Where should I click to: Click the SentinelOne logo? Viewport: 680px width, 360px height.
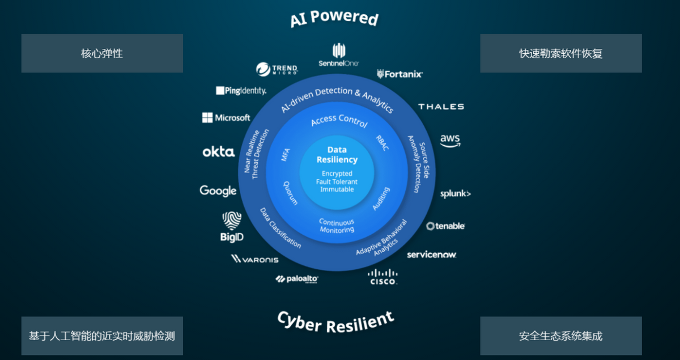point(339,54)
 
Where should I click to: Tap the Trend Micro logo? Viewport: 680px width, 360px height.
point(276,70)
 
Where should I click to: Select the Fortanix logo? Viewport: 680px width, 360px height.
point(399,74)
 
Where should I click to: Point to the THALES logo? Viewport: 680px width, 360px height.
point(441,107)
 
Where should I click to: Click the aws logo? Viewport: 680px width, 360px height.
point(450,140)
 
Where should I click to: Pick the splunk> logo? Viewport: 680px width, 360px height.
point(456,194)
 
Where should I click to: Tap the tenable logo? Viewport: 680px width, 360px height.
point(446,226)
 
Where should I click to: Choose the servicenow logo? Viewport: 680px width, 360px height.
point(431,255)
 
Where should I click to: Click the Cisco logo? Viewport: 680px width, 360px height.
point(383,277)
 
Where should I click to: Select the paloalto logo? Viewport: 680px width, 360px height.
point(297,279)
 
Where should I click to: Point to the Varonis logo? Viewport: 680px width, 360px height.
point(255,259)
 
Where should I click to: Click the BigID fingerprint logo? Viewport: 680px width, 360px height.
point(232,227)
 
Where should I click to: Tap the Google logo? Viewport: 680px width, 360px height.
point(218,191)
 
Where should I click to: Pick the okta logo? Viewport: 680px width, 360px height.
point(219,152)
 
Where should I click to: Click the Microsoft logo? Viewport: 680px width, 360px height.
point(226,118)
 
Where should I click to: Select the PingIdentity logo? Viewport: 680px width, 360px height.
point(241,91)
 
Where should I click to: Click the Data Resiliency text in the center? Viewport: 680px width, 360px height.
point(337,154)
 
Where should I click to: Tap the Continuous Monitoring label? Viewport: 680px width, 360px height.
point(336,226)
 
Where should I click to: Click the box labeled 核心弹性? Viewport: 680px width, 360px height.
point(102,53)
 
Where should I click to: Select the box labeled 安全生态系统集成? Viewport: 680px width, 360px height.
point(560,336)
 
